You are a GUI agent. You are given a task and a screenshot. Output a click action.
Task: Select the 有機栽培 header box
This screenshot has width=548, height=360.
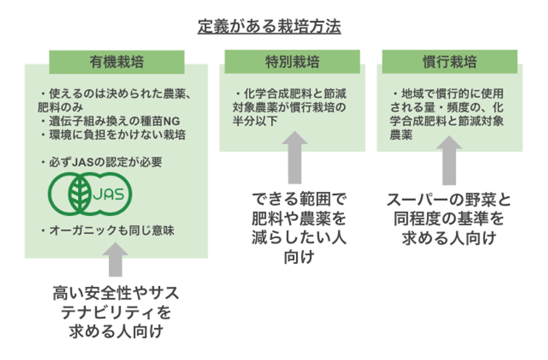117,62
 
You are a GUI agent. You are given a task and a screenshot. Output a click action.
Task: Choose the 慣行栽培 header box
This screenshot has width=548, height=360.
450,62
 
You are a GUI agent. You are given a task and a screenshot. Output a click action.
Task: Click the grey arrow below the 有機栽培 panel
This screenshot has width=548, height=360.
117,260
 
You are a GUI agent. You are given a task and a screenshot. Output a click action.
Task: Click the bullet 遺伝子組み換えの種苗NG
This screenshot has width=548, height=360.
114,120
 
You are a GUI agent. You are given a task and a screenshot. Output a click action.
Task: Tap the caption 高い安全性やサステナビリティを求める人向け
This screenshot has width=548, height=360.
116,311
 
